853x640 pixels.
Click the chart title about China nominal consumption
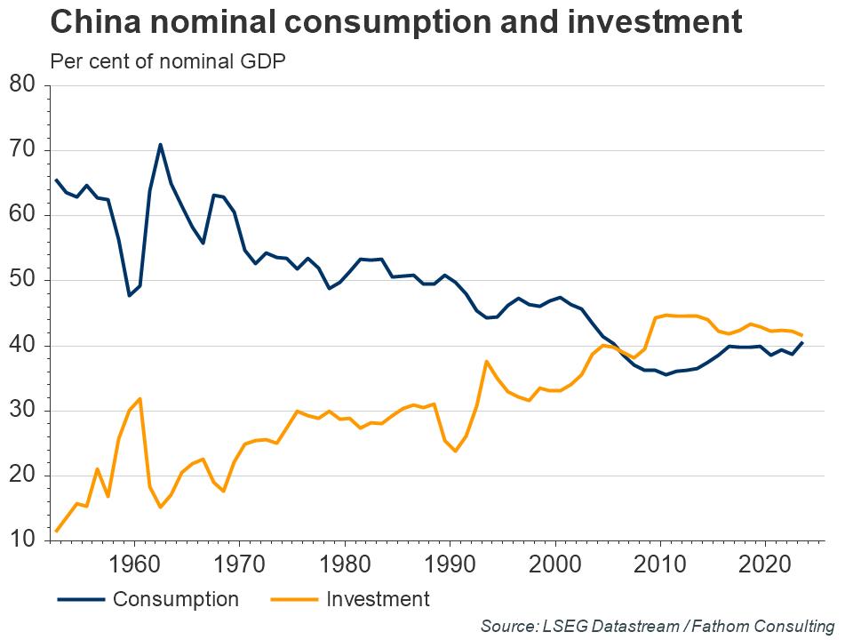click(395, 22)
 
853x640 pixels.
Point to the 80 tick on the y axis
click(20, 85)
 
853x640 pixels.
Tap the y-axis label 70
click(20, 150)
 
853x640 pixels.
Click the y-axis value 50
click(20, 280)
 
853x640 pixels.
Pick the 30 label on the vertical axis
click(20, 411)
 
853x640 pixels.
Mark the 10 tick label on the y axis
click(20, 540)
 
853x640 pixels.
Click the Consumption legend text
click(176, 599)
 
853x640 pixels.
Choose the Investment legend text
click(378, 599)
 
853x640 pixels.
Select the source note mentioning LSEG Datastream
click(658, 626)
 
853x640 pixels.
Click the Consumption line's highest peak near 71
click(160, 144)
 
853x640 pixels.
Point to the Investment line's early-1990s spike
click(486, 362)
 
